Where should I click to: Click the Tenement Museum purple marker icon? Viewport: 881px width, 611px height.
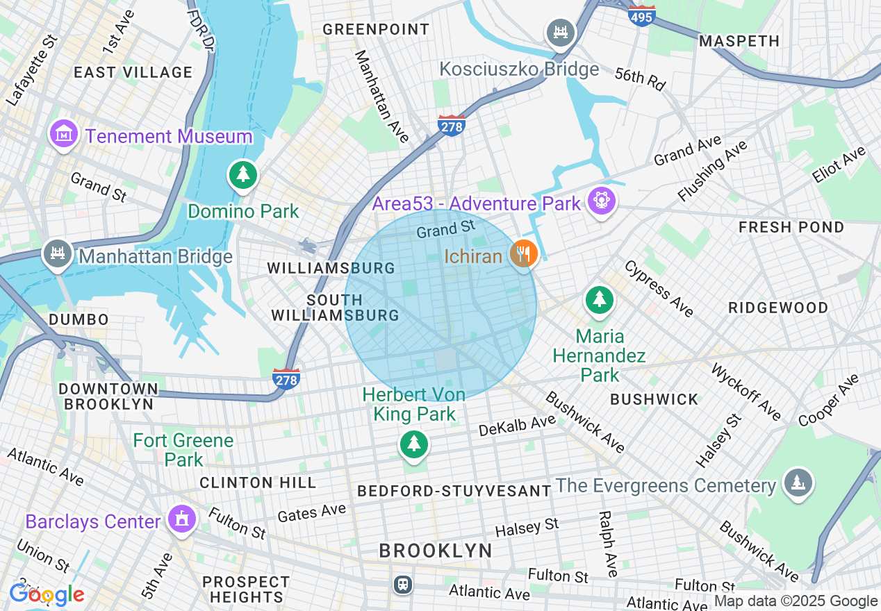[x=64, y=133]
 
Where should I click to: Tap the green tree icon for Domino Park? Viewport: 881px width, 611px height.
[x=242, y=174]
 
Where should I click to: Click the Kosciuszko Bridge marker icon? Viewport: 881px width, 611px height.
[x=560, y=33]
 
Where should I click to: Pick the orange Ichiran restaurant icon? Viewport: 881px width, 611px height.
[x=523, y=255]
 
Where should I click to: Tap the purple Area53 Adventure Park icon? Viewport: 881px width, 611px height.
[x=601, y=201]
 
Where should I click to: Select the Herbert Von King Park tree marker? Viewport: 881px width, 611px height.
[x=414, y=443]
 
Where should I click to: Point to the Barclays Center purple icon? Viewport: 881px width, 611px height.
[x=182, y=519]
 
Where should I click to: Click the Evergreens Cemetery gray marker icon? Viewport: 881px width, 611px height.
[x=798, y=482]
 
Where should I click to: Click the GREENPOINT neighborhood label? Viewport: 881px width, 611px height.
[x=376, y=29]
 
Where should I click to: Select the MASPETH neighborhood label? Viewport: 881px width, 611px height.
[x=739, y=42]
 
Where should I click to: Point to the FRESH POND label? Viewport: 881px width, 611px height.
[x=791, y=228]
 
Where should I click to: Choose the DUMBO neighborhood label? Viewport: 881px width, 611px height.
[x=79, y=319]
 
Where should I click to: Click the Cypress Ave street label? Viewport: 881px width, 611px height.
[x=658, y=289]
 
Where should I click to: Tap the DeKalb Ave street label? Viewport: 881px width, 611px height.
[x=517, y=426]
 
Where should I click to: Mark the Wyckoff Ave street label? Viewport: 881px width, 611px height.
[x=745, y=392]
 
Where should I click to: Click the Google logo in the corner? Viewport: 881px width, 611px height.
[x=46, y=594]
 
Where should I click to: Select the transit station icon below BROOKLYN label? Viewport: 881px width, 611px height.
[x=402, y=584]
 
